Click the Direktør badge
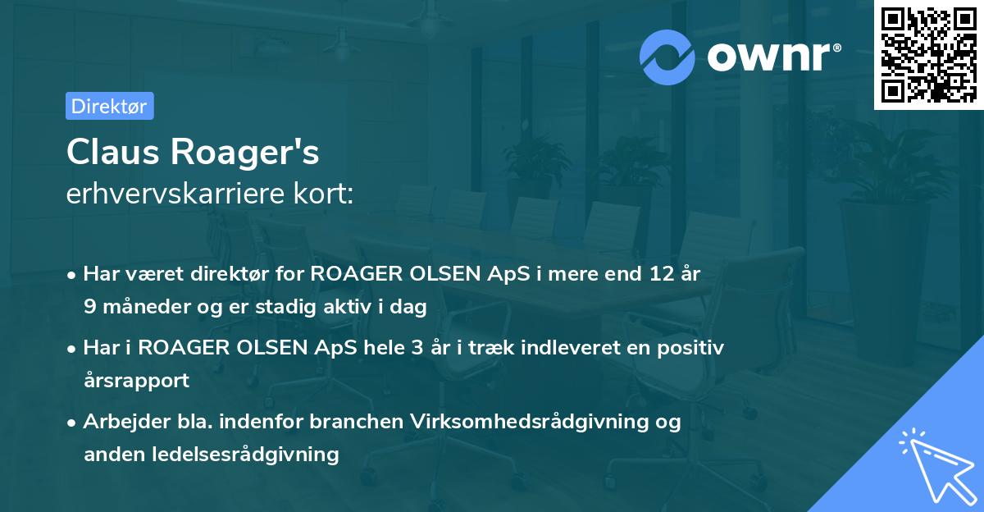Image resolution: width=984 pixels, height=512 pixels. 109,106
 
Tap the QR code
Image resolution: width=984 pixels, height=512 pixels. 928,55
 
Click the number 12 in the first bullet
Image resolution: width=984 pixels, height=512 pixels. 654,273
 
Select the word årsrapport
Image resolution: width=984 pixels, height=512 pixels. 136,380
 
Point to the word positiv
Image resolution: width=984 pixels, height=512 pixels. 693,347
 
